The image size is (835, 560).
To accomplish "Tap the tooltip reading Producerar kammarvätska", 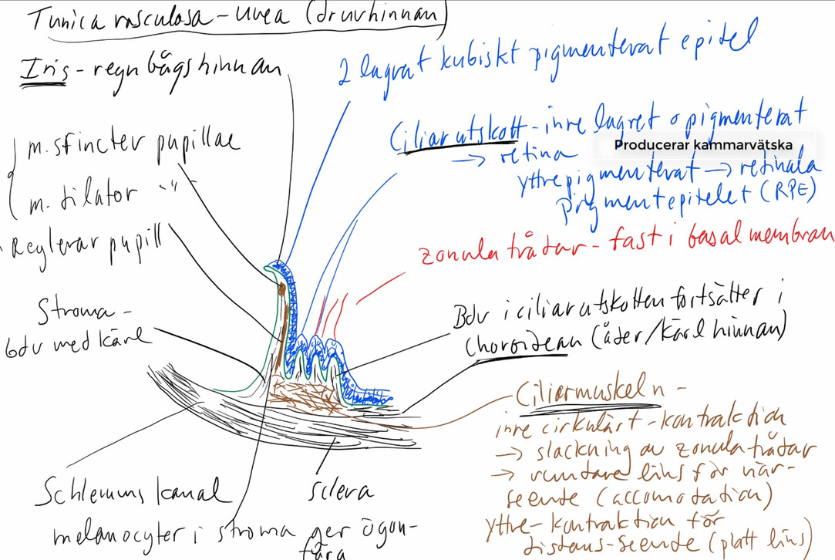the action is [703, 145].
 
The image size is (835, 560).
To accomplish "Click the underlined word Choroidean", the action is [514, 345].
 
